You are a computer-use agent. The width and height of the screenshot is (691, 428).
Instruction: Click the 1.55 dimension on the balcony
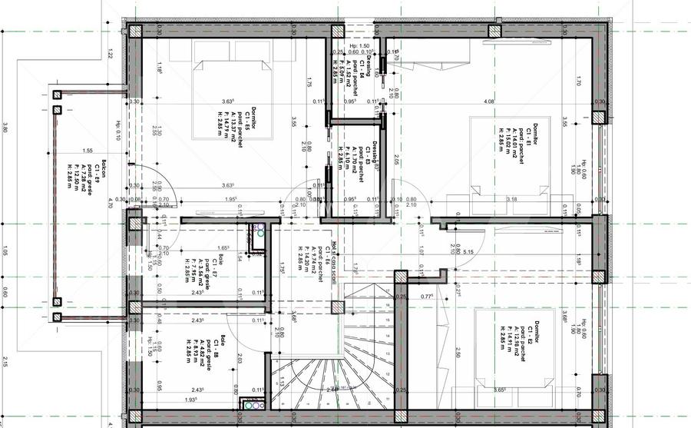[88, 151]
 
